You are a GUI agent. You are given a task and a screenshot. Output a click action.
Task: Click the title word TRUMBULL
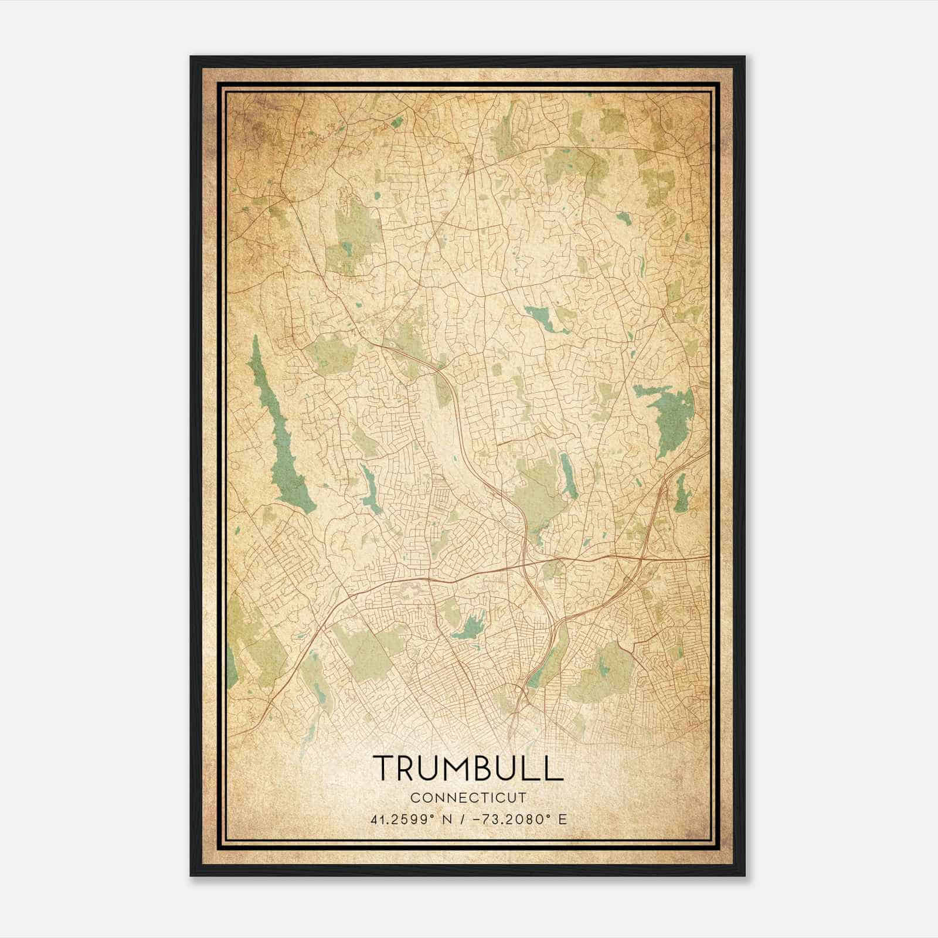point(468,768)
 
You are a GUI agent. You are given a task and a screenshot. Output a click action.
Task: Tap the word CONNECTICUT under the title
point(468,798)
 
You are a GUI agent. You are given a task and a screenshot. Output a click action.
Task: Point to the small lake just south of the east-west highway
point(469,627)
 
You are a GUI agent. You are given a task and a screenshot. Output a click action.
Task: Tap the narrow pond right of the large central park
point(567,475)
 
